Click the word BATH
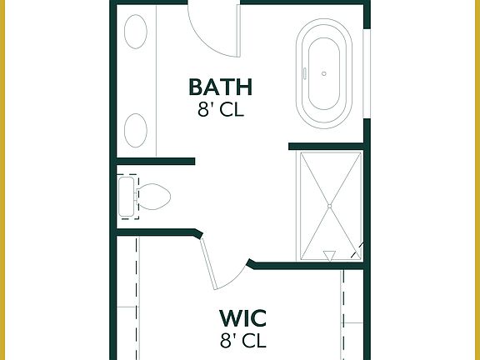pyautogui.click(x=220, y=87)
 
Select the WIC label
pyautogui.click(x=242, y=318)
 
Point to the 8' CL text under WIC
pyautogui.click(x=242, y=340)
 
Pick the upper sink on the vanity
pyautogui.click(x=136, y=36)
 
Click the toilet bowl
pyautogui.click(x=155, y=197)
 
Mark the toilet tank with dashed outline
pyautogui.click(x=127, y=197)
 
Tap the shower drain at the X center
pyautogui.click(x=329, y=205)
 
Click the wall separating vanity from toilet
pyautogui.click(x=155, y=160)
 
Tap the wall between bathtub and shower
pyautogui.click(x=327, y=147)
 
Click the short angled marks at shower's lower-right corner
pyautogui.click(x=357, y=249)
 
